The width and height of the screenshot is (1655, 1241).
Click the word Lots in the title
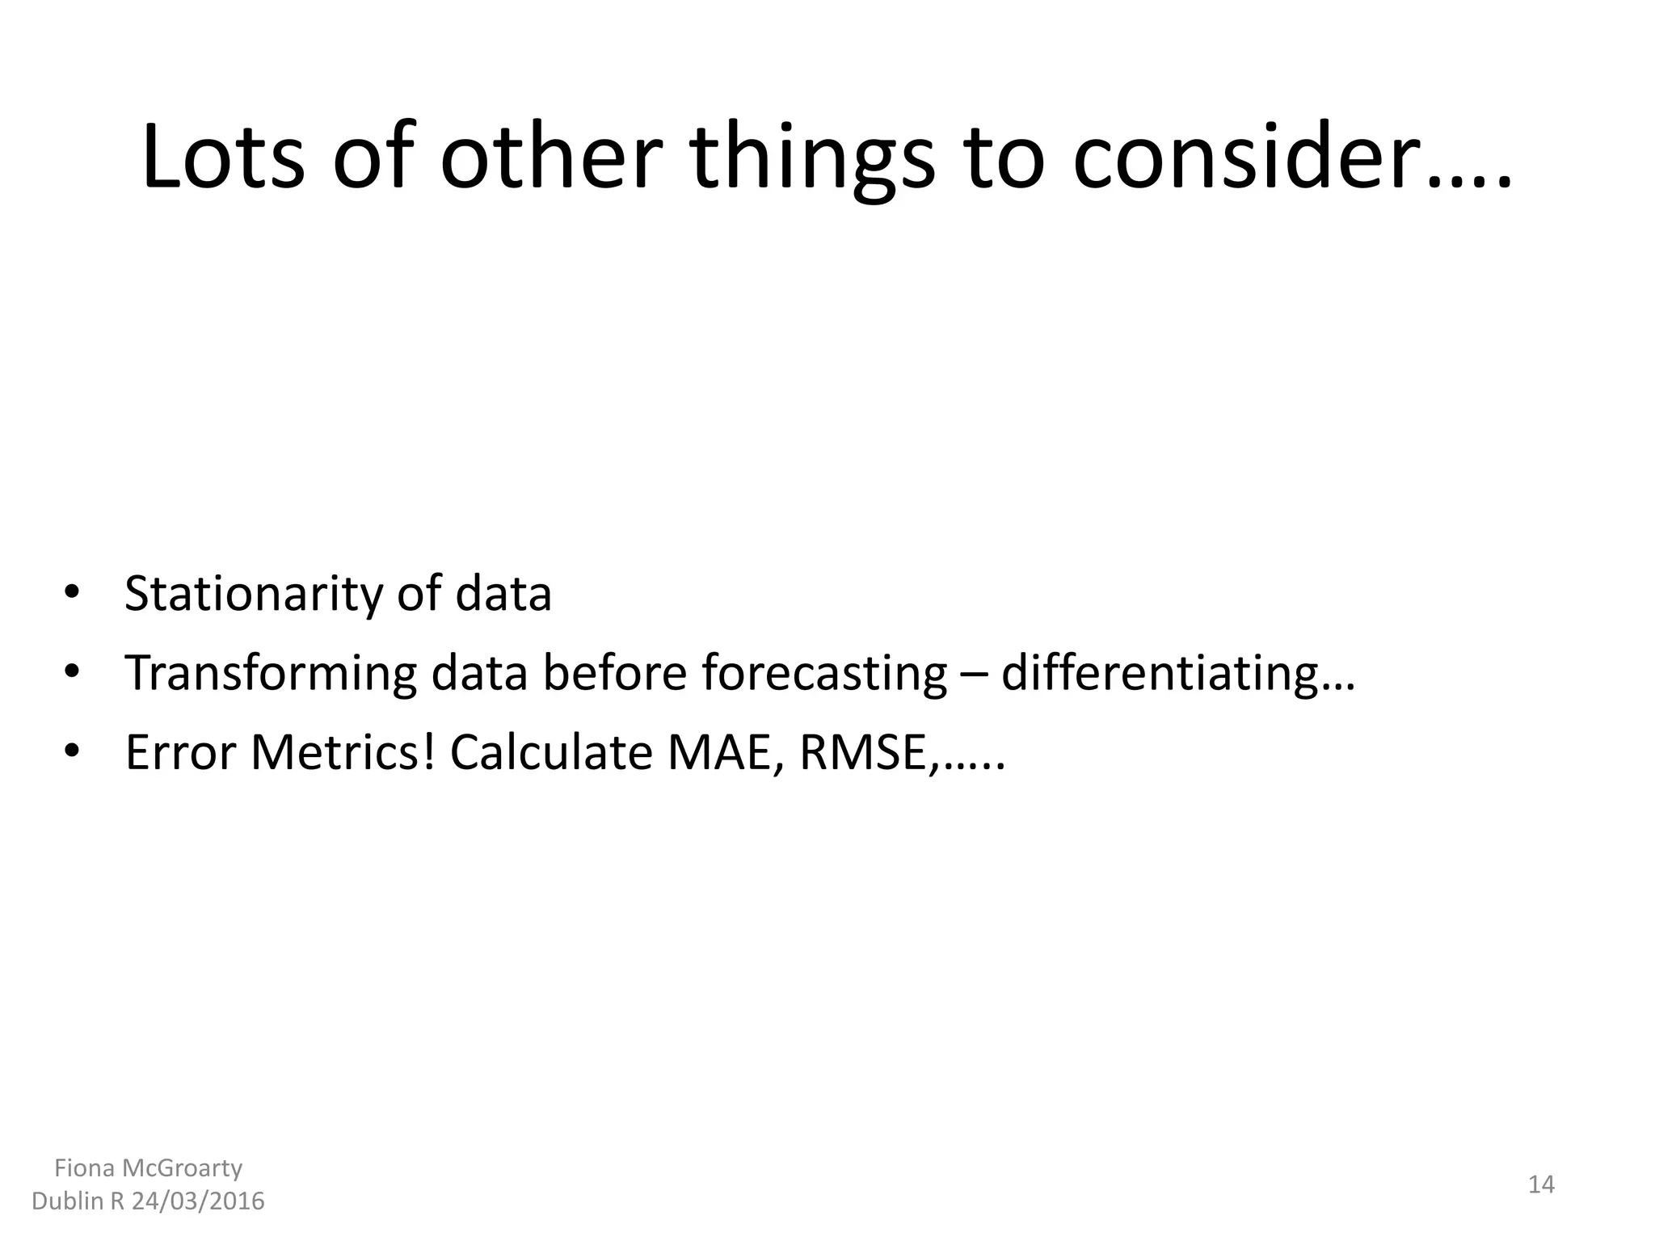pyautogui.click(x=223, y=158)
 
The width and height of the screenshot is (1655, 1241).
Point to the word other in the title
pyautogui.click(x=550, y=158)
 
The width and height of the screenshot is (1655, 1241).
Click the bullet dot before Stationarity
pyautogui.click(x=72, y=594)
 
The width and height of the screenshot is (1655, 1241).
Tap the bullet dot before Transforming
pyautogui.click(x=72, y=673)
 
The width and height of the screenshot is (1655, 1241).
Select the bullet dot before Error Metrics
pyautogui.click(x=72, y=752)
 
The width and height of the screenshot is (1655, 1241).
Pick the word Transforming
pyautogui.click(x=271, y=673)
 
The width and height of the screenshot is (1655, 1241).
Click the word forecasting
pyautogui.click(x=824, y=673)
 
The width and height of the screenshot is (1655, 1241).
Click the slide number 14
pyautogui.click(x=1541, y=1185)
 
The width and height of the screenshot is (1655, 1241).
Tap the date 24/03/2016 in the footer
pyautogui.click(x=198, y=1201)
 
